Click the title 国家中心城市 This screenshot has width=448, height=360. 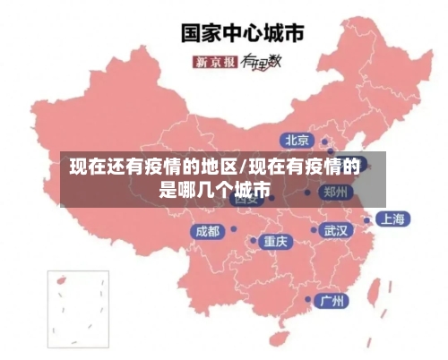click(243, 33)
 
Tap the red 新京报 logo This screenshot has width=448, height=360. click(215, 62)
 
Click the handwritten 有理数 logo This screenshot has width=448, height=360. click(262, 61)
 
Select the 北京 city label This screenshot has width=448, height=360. click(297, 140)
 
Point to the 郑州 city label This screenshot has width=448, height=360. click(337, 191)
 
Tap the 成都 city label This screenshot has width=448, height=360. click(207, 231)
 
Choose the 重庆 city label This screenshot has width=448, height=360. click(276, 241)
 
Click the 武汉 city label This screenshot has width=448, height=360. click(337, 230)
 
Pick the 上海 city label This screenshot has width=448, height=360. click(392, 219)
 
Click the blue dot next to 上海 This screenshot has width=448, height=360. click(366, 219)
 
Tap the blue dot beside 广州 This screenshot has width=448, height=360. click(309, 300)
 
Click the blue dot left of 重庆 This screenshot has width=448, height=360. click(253, 241)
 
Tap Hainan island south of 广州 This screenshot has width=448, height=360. click(284, 332)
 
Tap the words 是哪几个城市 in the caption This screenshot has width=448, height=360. click(214, 190)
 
